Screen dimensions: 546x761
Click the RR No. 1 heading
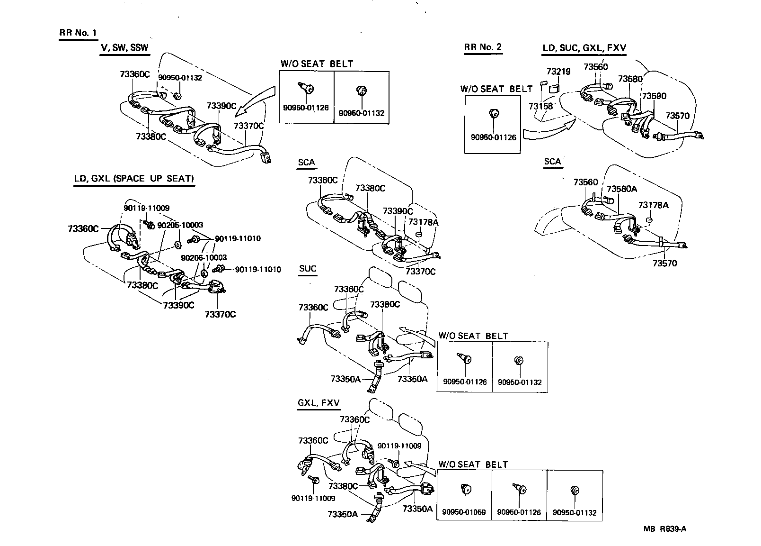[x=78, y=33]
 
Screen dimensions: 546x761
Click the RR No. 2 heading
[x=482, y=47]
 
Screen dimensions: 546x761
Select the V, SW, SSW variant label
[x=124, y=48]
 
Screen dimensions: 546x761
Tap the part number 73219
[x=558, y=72]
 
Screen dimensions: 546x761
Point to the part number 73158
[x=540, y=106]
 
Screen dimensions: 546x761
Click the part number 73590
[x=654, y=96]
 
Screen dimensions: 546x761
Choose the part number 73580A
[x=622, y=189]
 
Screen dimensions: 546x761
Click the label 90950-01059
[x=464, y=512]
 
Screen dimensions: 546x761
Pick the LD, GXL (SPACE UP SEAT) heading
[x=134, y=179]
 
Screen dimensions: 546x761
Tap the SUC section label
[x=308, y=269]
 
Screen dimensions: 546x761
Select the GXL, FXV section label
[x=319, y=403]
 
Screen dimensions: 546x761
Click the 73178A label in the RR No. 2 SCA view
[x=653, y=205]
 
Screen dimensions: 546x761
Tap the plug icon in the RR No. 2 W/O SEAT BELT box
[x=493, y=113]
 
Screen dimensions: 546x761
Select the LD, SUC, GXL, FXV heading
[x=584, y=48]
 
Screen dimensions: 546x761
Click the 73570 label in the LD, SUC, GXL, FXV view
[x=677, y=116]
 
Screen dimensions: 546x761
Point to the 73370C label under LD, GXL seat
[x=220, y=314]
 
